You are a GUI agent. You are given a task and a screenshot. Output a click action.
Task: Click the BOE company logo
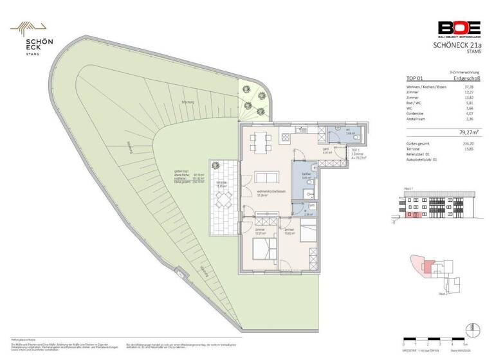pos(459,28)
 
